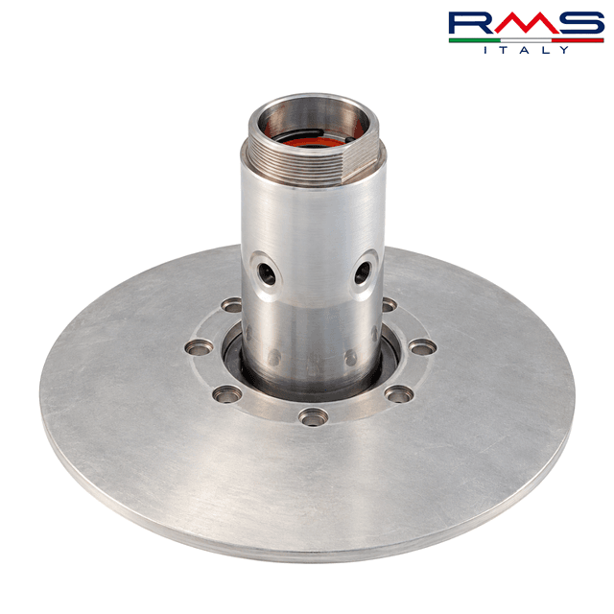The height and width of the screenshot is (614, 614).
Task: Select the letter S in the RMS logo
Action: (581, 23)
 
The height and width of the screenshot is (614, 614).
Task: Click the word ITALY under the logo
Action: (527, 50)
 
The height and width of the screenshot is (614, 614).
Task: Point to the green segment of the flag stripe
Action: (475, 40)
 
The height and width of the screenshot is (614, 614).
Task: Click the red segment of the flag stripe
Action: (578, 40)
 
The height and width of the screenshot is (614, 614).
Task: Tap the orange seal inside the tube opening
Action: (314, 141)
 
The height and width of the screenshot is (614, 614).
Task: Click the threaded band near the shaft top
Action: (297, 164)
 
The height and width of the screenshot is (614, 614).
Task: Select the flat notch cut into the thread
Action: (361, 160)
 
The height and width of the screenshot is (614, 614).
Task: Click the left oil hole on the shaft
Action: (267, 273)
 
